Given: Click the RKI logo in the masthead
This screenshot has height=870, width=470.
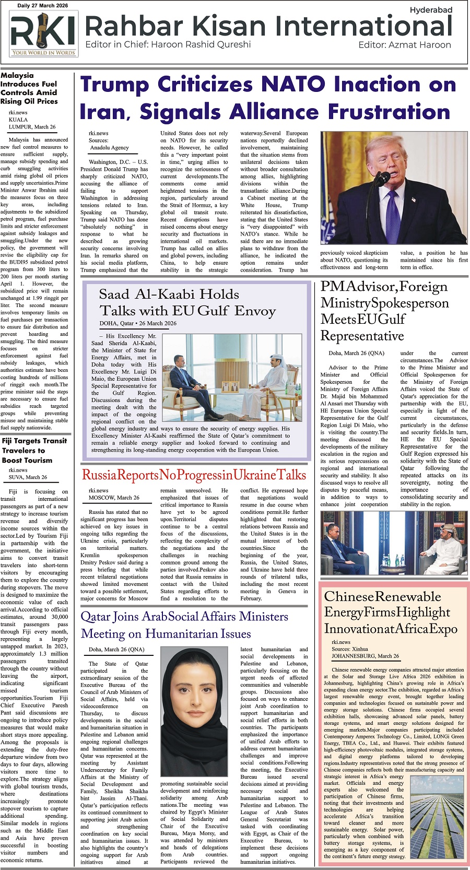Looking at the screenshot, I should click(43, 34).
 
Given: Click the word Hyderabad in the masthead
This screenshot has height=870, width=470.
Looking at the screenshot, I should click(430, 10).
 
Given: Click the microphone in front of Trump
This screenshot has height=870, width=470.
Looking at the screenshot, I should click(380, 179).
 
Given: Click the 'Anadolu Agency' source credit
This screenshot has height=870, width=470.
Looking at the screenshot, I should click(109, 148).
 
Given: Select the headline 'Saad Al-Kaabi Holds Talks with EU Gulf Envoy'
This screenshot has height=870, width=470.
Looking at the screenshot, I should click(187, 302).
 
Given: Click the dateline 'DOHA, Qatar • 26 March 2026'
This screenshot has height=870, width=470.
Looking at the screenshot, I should click(138, 323).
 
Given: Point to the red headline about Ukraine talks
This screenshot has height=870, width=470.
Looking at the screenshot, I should click(194, 475).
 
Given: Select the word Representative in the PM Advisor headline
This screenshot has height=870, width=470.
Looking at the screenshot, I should click(362, 335).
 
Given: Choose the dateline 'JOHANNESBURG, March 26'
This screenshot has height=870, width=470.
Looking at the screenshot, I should click(365, 656).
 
